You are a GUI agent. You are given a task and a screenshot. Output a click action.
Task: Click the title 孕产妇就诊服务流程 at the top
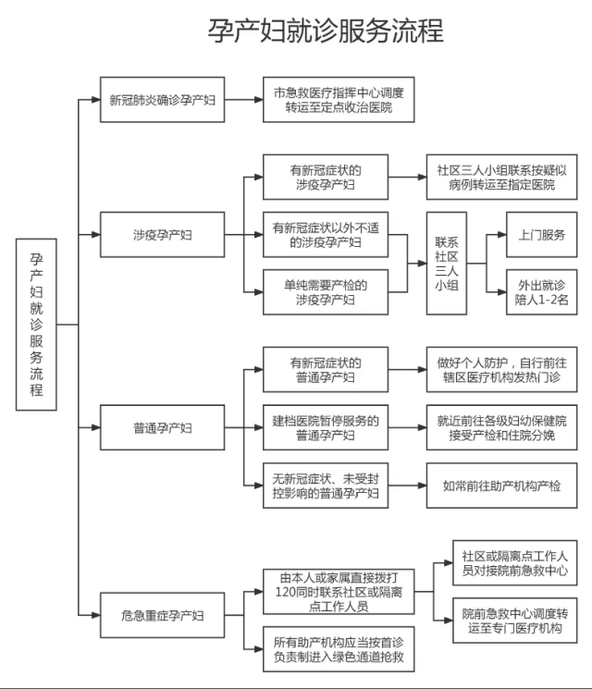tap(325, 30)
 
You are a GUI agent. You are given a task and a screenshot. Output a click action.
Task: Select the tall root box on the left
tap(36, 324)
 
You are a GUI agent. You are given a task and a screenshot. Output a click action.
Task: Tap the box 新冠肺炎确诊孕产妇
tap(162, 99)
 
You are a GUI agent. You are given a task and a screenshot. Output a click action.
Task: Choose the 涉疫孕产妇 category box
tap(162, 235)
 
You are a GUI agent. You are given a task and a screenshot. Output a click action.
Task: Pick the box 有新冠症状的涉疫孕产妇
tap(325, 177)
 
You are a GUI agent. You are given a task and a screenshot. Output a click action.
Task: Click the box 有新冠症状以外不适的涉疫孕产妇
tap(325, 234)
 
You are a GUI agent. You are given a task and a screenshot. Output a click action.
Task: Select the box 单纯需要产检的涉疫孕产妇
tap(325, 292)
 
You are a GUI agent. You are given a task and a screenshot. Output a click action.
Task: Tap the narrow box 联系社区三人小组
tap(446, 264)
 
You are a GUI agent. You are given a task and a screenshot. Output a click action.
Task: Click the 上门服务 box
tap(542, 235)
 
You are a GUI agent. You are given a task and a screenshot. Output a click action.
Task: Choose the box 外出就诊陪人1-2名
tap(542, 292)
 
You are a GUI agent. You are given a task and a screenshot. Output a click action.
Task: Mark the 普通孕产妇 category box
tap(162, 428)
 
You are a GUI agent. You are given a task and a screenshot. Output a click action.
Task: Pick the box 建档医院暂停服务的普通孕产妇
tap(325, 428)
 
